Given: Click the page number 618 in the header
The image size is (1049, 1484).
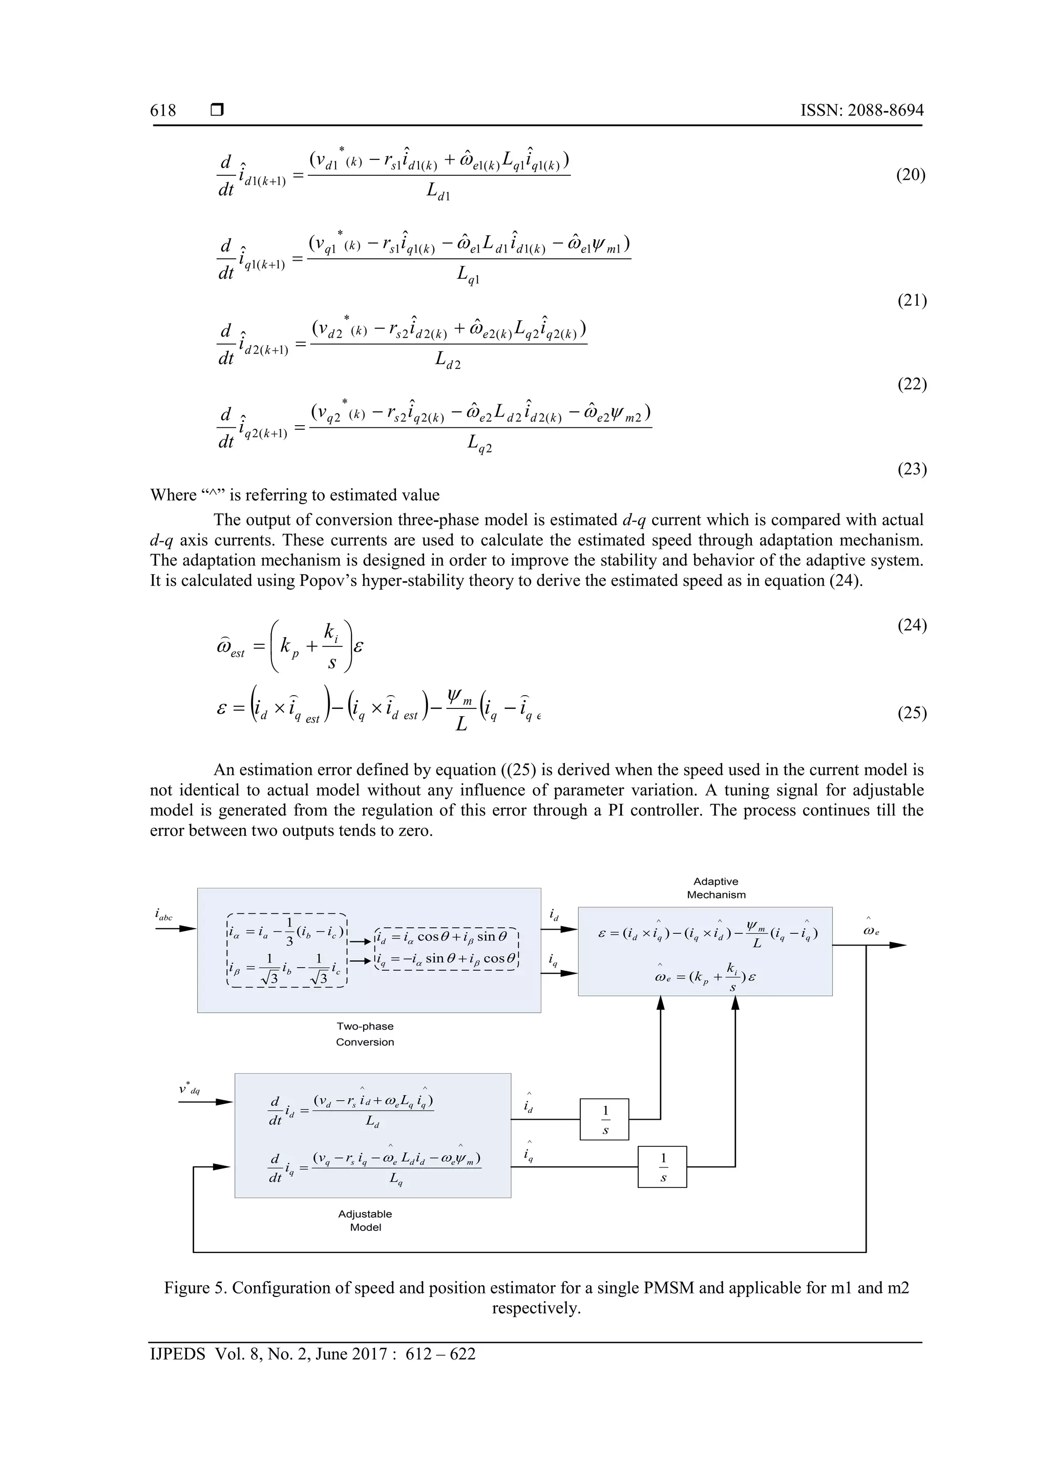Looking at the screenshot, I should click(163, 111).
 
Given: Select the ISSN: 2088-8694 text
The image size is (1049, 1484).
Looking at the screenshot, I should click(862, 111).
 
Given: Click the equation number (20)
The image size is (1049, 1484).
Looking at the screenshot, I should click(911, 175).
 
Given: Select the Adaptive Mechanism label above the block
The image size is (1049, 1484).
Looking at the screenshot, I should click(716, 888).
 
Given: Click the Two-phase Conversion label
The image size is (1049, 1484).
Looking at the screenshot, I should click(365, 1034).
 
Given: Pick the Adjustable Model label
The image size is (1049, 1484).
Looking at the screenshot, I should click(365, 1220).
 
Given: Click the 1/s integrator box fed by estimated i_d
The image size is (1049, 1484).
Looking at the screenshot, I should click(604, 1119).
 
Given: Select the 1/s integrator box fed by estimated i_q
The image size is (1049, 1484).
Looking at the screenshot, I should click(662, 1166).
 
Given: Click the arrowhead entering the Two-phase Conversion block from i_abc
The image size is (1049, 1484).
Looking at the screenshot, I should click(188, 929).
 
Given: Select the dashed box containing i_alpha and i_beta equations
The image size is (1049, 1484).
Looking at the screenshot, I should click(288, 950).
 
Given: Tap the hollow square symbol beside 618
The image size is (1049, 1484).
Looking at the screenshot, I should click(217, 111).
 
